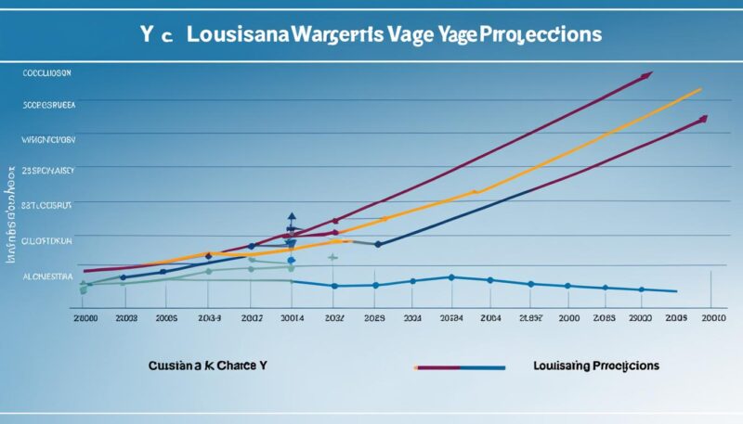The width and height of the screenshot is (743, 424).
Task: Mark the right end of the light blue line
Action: tap(675, 291)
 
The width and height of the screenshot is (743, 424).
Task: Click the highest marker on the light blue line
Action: tap(450, 276)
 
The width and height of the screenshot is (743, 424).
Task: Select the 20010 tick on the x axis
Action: tap(713, 317)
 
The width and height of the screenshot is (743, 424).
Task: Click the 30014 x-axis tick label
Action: tap(293, 317)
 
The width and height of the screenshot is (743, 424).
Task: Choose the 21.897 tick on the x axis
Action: tap(532, 317)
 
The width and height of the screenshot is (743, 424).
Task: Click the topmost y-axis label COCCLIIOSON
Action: tap(47, 71)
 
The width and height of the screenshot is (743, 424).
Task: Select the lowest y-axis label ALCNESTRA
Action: tap(47, 276)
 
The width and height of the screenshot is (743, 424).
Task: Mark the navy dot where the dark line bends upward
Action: tap(377, 244)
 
